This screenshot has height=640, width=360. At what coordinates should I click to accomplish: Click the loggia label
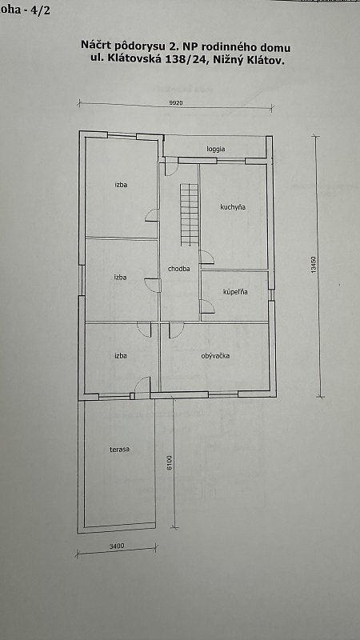coord(215,150)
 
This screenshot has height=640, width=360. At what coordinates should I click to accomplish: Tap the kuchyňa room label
coord(233,207)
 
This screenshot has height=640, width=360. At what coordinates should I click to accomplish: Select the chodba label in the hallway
coord(178,269)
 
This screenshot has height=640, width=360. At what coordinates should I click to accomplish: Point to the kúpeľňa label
coord(235,292)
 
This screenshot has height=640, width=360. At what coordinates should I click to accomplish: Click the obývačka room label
coord(215,356)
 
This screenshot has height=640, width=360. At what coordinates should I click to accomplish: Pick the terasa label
coord(119,450)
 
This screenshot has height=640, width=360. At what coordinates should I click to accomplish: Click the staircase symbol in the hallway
coord(189,214)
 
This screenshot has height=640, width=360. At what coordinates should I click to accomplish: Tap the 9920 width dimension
coord(176,103)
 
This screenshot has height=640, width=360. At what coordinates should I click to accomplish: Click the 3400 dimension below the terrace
coord(117,546)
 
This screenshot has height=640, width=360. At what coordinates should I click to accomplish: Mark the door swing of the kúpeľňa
coord(207,306)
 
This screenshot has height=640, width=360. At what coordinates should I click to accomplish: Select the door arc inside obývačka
coord(176,330)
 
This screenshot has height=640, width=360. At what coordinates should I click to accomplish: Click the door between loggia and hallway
coord(171,168)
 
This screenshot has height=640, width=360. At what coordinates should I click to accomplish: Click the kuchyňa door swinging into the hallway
coord(207,257)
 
